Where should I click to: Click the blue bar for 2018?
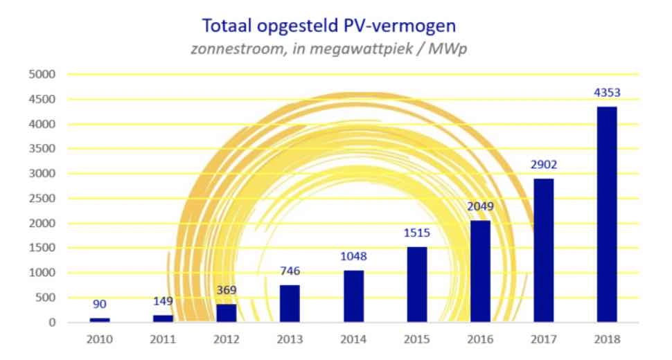pyautogui.click(x=606, y=215)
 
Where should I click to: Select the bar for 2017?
pyautogui.click(x=543, y=251)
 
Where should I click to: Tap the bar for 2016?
pyautogui.click(x=480, y=271)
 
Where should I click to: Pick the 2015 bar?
pyautogui.click(x=417, y=285)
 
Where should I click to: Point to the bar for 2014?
pyautogui.click(x=353, y=296)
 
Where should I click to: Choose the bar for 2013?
pyautogui.click(x=290, y=304)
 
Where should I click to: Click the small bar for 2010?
pyautogui.click(x=100, y=320)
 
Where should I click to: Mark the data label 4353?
pyautogui.click(x=606, y=93)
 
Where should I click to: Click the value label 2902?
pyautogui.click(x=543, y=165)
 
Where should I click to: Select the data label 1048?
pyautogui.click(x=353, y=257)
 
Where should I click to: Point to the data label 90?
pyautogui.click(x=100, y=303)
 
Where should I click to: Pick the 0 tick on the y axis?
pyautogui.click(x=52, y=323)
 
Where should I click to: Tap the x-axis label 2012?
pyautogui.click(x=227, y=340)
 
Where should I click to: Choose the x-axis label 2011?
pyautogui.click(x=163, y=340)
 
